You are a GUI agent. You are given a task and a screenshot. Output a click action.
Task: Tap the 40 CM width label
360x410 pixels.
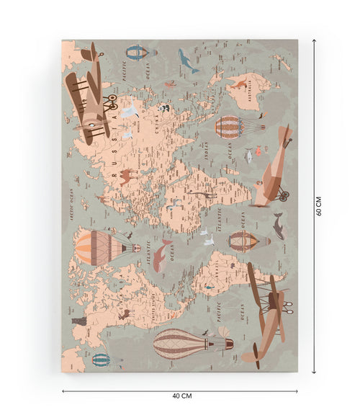coord(182,396)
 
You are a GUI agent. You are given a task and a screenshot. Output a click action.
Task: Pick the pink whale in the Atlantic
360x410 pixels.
coord(161,255)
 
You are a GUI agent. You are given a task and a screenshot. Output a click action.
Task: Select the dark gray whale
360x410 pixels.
coord(277,226)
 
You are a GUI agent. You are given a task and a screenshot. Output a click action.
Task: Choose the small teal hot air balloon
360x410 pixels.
coord(101,360)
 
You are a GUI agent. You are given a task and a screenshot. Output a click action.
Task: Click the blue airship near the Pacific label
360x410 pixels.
coord(137,52)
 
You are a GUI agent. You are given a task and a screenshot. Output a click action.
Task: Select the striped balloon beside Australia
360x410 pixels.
coord(230,126)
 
